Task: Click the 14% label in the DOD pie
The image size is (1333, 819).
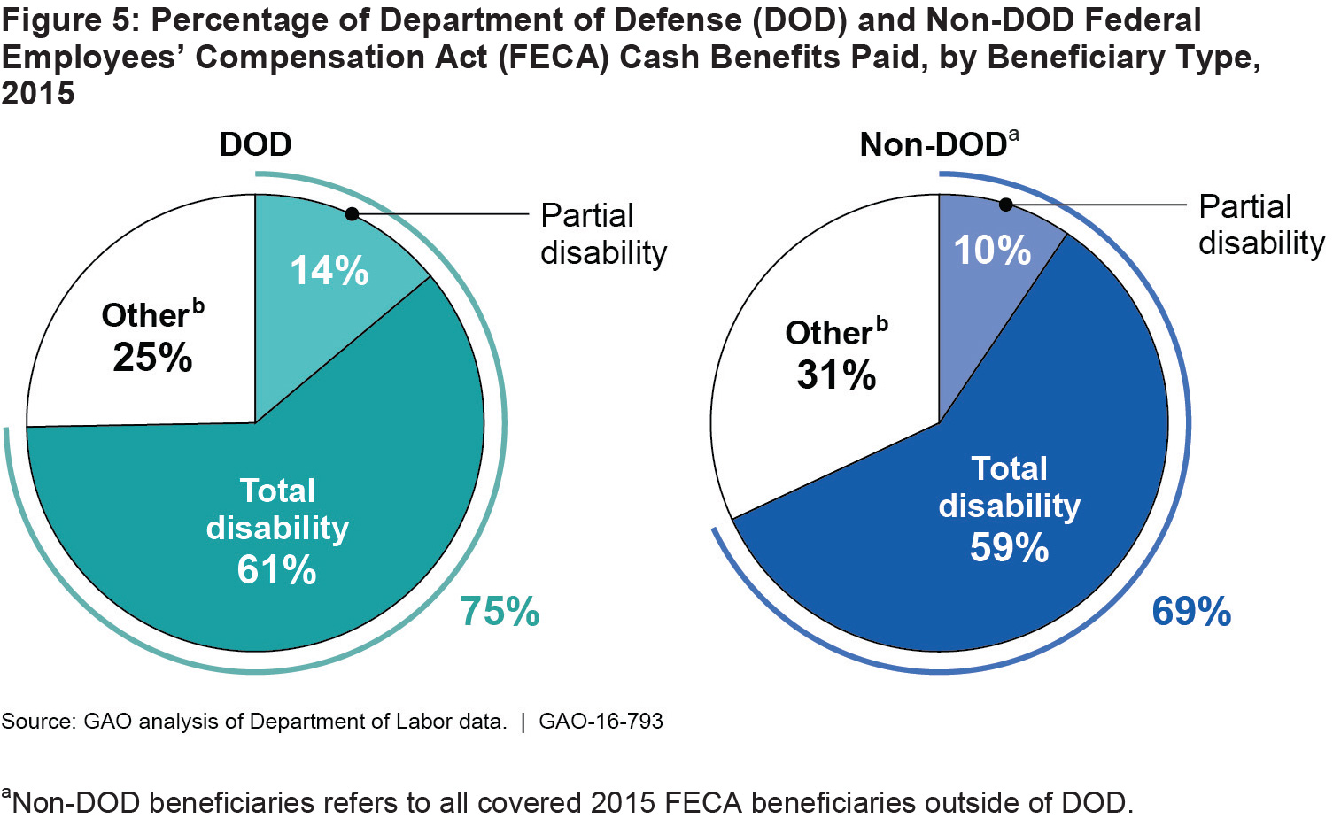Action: [x=329, y=271]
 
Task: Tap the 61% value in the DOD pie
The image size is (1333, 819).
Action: [x=276, y=569]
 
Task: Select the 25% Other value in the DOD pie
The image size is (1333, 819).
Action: [x=152, y=357]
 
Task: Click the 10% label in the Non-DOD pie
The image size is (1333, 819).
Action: [x=992, y=251]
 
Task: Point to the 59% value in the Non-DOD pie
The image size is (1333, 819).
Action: [x=1009, y=547]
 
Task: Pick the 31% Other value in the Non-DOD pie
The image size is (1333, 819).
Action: [x=836, y=375]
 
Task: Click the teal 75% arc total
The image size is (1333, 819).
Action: [x=500, y=612]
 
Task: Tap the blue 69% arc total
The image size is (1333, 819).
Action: [x=1191, y=612]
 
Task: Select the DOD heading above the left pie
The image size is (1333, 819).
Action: [x=255, y=144]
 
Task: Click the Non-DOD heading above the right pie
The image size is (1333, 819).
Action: [x=932, y=144]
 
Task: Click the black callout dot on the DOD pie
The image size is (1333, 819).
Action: [x=352, y=214]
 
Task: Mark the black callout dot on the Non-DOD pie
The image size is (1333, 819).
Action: [x=1005, y=205]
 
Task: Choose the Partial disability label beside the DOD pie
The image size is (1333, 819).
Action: [x=602, y=234]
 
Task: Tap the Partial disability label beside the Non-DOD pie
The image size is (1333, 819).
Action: [x=1260, y=225]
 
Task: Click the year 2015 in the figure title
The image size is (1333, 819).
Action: [x=38, y=93]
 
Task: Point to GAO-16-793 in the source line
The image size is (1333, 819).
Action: [x=601, y=722]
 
